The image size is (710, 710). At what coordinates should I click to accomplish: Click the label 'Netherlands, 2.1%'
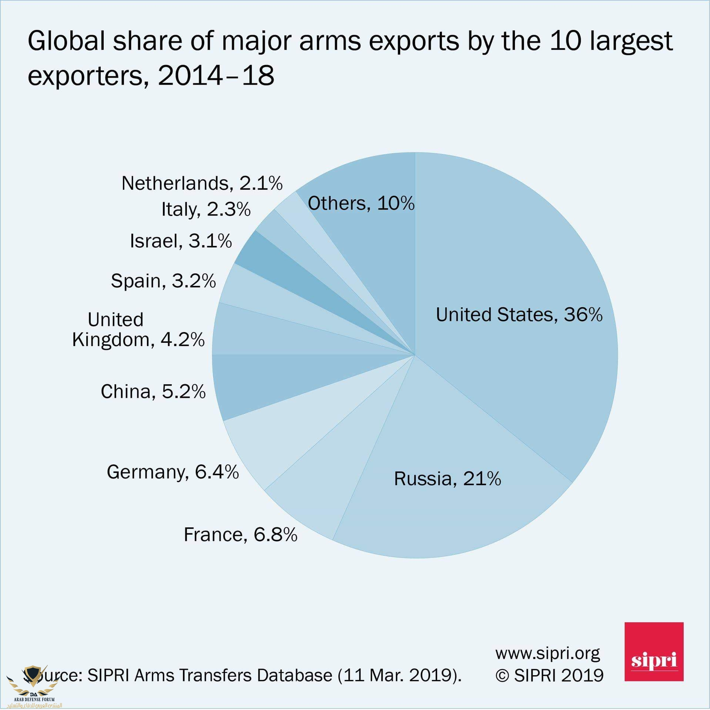point(202,183)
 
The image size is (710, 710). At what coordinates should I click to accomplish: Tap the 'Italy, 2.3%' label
point(206,210)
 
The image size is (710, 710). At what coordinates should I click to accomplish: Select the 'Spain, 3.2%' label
point(163,281)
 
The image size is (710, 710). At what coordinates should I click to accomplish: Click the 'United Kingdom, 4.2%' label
point(138,330)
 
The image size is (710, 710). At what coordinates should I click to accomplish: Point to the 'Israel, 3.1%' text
point(181,241)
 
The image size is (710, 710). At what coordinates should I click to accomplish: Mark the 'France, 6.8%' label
point(240,535)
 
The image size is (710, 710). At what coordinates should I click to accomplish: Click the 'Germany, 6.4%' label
point(173,472)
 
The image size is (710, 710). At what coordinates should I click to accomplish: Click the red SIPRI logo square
point(654,651)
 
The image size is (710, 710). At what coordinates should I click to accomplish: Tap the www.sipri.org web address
point(547,653)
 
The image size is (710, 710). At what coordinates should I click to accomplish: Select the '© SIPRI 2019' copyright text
point(549,676)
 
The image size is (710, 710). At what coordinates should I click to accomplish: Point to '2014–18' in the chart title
point(216,75)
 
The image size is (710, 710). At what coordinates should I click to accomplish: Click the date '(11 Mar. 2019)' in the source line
point(399,676)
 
